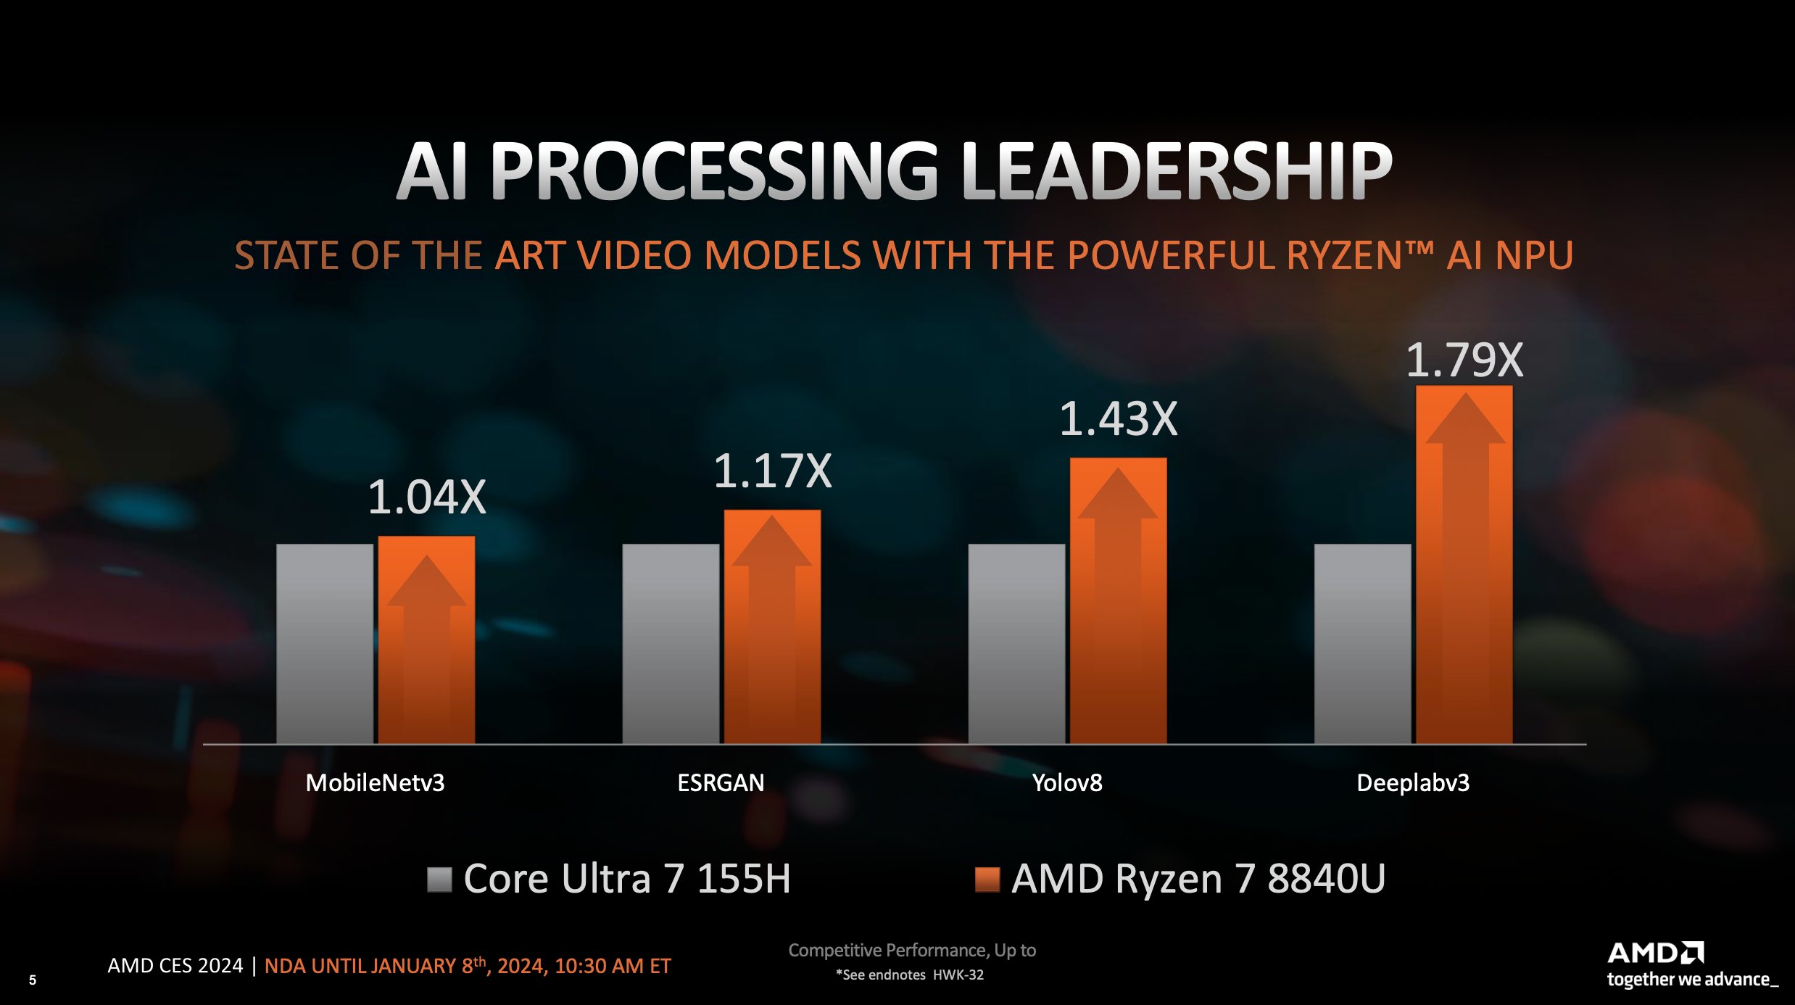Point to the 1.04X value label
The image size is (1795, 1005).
point(426,497)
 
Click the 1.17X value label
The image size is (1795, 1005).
point(772,471)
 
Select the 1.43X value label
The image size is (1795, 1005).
point(1118,419)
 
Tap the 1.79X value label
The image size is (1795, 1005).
point(1464,360)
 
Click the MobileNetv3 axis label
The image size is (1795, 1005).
point(375,783)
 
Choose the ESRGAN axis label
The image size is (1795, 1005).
point(721,783)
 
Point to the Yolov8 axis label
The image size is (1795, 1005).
point(1066,783)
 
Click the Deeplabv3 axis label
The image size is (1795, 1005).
point(1412,783)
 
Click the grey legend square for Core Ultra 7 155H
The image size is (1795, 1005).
point(439,880)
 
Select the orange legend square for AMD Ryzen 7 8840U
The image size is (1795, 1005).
point(987,880)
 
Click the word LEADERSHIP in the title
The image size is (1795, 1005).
point(1176,171)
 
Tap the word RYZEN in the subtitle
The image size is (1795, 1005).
point(1345,256)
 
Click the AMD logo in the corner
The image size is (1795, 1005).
point(1656,953)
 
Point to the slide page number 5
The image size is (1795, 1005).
point(33,980)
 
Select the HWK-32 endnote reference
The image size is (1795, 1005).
point(958,975)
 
